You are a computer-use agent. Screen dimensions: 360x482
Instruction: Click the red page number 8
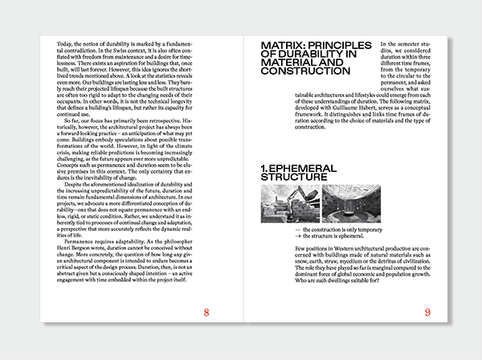click(x=206, y=313)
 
